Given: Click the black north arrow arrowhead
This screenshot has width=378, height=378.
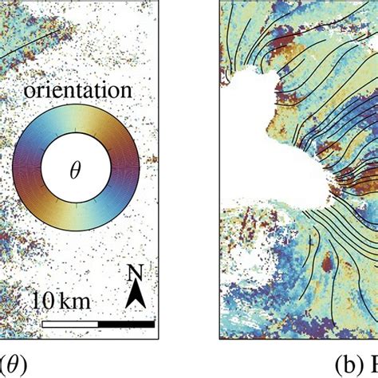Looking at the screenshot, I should (x=136, y=297).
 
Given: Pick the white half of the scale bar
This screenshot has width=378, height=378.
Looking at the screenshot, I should (x=70, y=324).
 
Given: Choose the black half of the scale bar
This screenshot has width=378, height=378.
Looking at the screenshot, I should (x=126, y=324).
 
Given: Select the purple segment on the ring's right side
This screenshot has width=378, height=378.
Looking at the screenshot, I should (x=125, y=169).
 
